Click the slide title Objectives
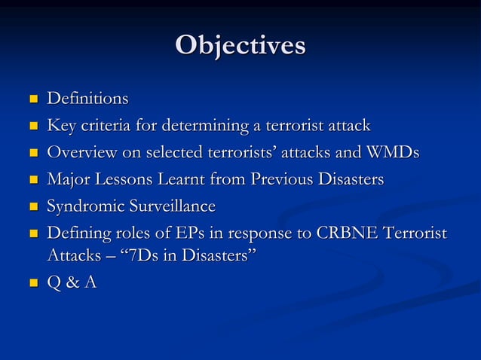(240, 45)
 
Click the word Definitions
(87, 99)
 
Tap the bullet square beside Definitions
(32, 99)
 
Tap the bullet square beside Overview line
(32, 154)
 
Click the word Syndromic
(85, 207)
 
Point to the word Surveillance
(172, 207)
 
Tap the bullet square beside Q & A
(32, 285)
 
